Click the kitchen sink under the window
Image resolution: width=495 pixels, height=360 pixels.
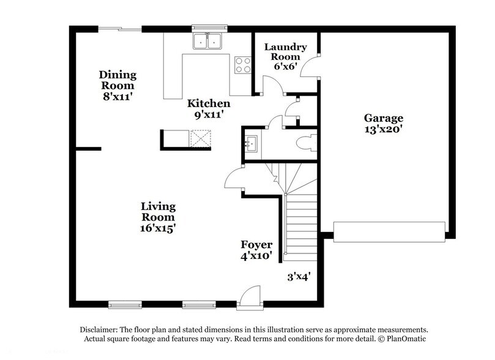point(207,42)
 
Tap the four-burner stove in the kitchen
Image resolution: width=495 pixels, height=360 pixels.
point(242,64)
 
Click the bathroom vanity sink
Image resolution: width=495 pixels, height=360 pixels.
point(252,144)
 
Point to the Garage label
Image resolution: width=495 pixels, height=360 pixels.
point(384,118)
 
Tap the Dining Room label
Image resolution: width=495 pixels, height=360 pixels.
point(117,80)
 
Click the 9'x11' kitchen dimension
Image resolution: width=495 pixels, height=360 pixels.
point(209,114)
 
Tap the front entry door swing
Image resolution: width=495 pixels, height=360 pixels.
point(250,296)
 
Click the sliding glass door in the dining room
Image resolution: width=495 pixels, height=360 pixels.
point(119,28)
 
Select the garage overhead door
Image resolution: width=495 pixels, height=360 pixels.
point(389,231)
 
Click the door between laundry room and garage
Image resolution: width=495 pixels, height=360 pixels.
point(314,65)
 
